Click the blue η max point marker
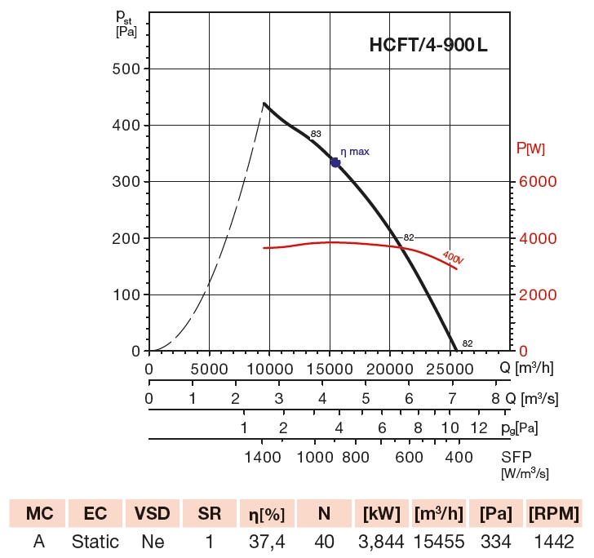[335, 162]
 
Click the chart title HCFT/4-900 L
[429, 46]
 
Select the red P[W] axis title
[531, 148]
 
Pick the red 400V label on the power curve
[452, 258]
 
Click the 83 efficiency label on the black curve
[316, 134]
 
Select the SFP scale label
[517, 457]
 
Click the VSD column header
[153, 514]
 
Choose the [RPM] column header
[554, 514]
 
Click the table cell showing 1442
[554, 542]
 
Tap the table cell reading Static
[95, 542]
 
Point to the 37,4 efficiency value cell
[266, 542]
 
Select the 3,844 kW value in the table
[380, 542]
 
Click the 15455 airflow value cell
[440, 542]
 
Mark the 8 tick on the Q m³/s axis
[495, 399]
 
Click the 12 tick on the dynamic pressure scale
[479, 427]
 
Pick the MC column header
[38, 514]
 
